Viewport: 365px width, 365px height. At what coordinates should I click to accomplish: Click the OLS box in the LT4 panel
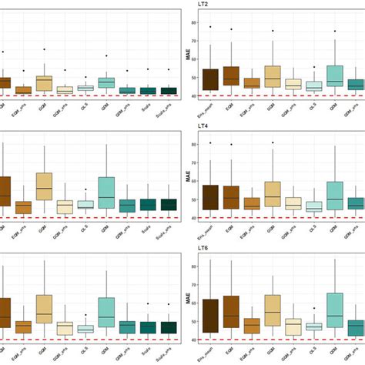point(314,206)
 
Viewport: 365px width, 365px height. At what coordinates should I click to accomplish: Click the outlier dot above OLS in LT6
point(314,308)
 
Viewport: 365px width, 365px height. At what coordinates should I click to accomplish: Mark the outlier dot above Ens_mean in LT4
point(209,142)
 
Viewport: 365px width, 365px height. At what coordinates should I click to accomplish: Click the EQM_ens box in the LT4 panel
point(251,203)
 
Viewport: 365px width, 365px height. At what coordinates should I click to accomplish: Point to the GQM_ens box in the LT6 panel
point(293,326)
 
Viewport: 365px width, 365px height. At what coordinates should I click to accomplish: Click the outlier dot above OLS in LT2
point(314,67)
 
